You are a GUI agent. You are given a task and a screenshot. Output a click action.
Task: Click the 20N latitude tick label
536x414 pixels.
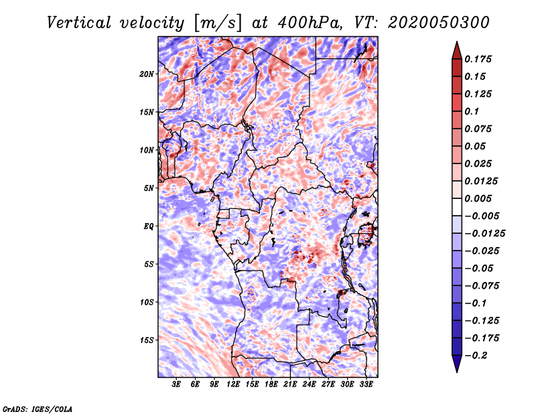click(147, 74)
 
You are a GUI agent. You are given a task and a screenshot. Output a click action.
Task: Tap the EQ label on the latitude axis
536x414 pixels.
click(149, 226)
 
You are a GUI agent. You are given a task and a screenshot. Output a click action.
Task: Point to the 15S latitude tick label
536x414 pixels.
click(147, 340)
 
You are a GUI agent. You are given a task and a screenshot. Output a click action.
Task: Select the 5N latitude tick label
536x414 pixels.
click(149, 188)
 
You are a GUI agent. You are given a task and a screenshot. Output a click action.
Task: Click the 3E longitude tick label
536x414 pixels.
click(177, 385)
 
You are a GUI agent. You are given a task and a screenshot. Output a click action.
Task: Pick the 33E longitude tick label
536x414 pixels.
click(366, 385)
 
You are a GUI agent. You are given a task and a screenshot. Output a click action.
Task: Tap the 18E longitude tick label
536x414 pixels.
click(271, 385)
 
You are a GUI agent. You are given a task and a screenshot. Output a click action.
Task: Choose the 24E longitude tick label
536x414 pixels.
click(309, 385)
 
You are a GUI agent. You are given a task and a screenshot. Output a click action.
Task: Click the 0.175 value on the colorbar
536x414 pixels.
click(480, 59)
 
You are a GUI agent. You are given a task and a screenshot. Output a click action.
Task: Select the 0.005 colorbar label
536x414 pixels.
click(480, 198)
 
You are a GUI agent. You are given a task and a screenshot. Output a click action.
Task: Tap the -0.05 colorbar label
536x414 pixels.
click(480, 268)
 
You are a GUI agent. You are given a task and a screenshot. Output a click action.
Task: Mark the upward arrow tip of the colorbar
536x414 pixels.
click(456, 44)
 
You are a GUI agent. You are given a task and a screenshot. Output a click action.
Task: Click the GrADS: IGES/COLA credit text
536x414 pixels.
click(38, 408)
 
